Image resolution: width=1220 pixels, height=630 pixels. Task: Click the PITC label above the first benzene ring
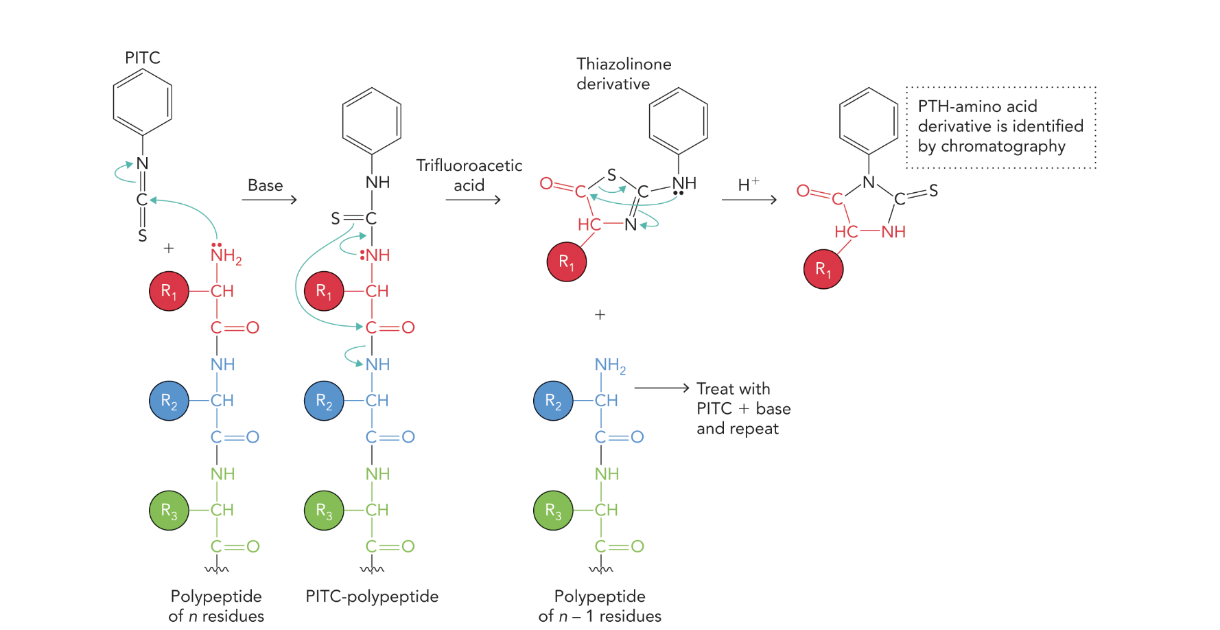coord(143,58)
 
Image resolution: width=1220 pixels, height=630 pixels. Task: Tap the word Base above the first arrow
coord(265,185)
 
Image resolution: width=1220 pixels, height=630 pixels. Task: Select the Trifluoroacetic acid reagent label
coord(469,175)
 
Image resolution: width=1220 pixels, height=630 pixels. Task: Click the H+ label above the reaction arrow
coord(748,184)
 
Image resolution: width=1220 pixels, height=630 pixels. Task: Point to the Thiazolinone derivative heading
coord(623,73)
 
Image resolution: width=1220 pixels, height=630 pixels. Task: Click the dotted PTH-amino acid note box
coord(1000,127)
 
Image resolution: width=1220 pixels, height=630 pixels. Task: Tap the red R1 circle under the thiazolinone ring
coord(566,261)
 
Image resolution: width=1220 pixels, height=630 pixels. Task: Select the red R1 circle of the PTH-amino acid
coord(823,269)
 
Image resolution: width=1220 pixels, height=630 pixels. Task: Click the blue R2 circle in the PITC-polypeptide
coord(324,401)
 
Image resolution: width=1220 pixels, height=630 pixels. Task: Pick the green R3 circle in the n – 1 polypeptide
coord(553,511)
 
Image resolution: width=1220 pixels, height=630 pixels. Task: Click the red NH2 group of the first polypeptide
coord(225,256)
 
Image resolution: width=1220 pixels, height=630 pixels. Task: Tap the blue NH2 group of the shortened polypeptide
coord(609,365)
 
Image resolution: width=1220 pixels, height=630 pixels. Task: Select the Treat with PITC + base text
coord(743,408)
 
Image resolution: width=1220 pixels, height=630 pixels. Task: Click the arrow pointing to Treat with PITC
coord(661,388)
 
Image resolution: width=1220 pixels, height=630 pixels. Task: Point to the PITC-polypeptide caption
coord(372,596)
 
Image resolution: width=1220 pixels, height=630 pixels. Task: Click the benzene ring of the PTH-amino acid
coord(869,121)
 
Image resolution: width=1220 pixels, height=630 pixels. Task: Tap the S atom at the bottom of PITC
coord(142,236)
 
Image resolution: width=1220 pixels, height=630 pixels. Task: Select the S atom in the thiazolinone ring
coord(611,175)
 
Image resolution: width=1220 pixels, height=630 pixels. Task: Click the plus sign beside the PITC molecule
coord(169,248)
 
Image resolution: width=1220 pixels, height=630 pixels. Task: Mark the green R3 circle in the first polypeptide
coord(169,511)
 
